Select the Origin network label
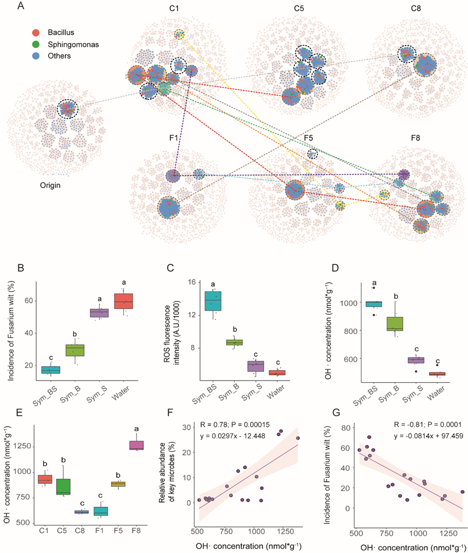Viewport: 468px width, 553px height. click(x=52, y=185)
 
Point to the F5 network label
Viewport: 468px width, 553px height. click(x=308, y=137)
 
